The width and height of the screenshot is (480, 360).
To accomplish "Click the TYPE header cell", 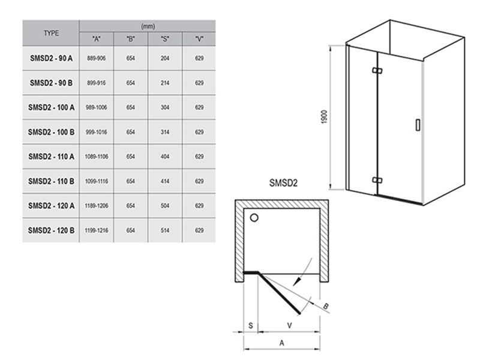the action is pos(51,33).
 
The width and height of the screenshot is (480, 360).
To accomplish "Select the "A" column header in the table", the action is pos(97,39).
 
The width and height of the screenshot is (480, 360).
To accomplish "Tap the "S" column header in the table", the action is pos(165,39).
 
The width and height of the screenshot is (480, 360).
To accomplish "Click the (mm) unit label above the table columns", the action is pos(148,26).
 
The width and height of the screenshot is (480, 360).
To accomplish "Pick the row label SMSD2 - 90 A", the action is pos(51,58).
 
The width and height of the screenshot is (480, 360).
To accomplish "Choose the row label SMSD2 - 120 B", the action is pos(51,230).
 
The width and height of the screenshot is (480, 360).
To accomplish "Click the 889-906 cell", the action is pos(97,58).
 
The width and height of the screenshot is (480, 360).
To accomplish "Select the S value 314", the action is pos(165,132).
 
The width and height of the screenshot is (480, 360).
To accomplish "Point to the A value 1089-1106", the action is pos(97,157).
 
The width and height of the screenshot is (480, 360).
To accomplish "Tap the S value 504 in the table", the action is pos(165,206).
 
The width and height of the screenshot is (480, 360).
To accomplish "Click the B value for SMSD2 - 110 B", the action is pos(131,181).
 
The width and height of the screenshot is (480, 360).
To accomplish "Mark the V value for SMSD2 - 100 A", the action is pos(199,107).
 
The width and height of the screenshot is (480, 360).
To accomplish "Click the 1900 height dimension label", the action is pos(325,117).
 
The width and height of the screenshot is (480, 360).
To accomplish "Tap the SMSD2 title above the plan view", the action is pos(283,183).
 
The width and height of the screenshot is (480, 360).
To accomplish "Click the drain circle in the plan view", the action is pos(254,218).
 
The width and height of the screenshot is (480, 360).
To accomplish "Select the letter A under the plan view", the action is pos(281,343).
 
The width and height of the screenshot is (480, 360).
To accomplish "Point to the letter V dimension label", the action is pos(289,325).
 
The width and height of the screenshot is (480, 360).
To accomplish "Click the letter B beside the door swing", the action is pos(326,306).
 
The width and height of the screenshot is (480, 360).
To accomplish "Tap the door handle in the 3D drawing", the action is pos(418,125).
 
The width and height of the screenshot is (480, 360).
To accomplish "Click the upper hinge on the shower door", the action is pos(377,70).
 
